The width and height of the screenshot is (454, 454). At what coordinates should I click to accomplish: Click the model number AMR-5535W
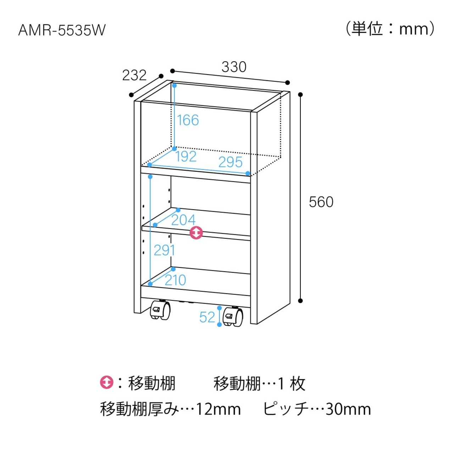pyautogui.click(x=62, y=30)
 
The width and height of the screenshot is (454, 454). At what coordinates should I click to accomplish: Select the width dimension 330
pyautogui.click(x=234, y=67)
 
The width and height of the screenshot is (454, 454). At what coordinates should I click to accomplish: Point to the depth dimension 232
pyautogui.click(x=134, y=75)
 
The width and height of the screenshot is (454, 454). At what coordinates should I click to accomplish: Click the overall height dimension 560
pyautogui.click(x=321, y=202)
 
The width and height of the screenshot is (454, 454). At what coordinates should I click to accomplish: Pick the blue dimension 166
pyautogui.click(x=188, y=120)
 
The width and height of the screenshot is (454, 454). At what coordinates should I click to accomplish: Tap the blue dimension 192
pyautogui.click(x=186, y=156)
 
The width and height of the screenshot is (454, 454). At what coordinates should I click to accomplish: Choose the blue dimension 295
pyautogui.click(x=230, y=162)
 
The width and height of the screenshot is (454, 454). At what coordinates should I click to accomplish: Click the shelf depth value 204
pyautogui.click(x=183, y=220)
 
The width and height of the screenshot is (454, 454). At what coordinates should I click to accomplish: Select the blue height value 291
pyautogui.click(x=164, y=250)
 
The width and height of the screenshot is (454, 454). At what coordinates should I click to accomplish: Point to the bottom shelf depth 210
pyautogui.click(x=175, y=280)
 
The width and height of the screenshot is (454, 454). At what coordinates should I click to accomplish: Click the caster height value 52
pyautogui.click(x=207, y=317)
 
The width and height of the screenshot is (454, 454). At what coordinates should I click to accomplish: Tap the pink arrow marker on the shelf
pyautogui.click(x=196, y=233)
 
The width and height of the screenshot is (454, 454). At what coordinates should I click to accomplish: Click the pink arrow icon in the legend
pyautogui.click(x=106, y=383)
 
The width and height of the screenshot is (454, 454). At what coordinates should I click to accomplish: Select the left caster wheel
pyautogui.click(x=160, y=310)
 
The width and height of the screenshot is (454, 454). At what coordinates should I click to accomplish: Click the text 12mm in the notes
pyautogui.click(x=218, y=409)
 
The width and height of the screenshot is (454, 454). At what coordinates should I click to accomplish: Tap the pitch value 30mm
pyautogui.click(x=348, y=409)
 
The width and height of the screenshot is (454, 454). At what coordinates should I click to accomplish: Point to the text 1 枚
pyautogui.click(x=291, y=383)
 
